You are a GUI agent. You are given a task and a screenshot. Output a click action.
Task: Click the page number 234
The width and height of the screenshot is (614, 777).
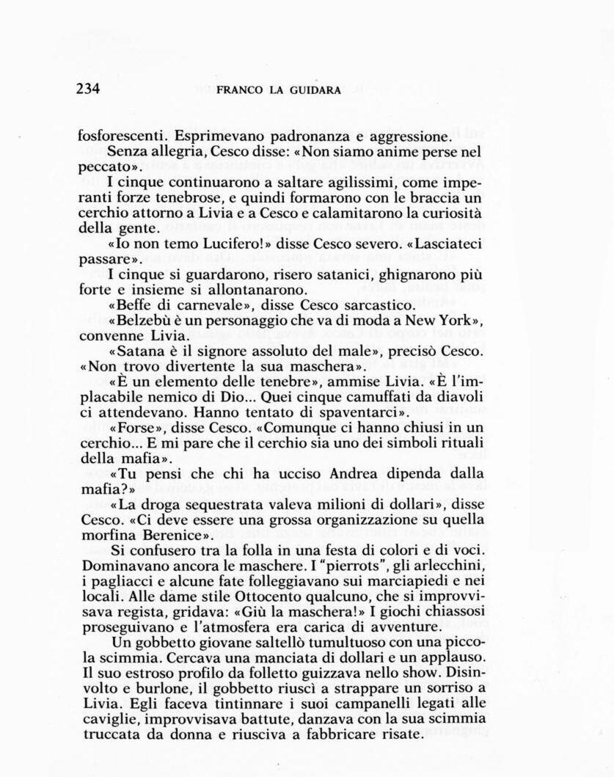(x=87, y=90)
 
